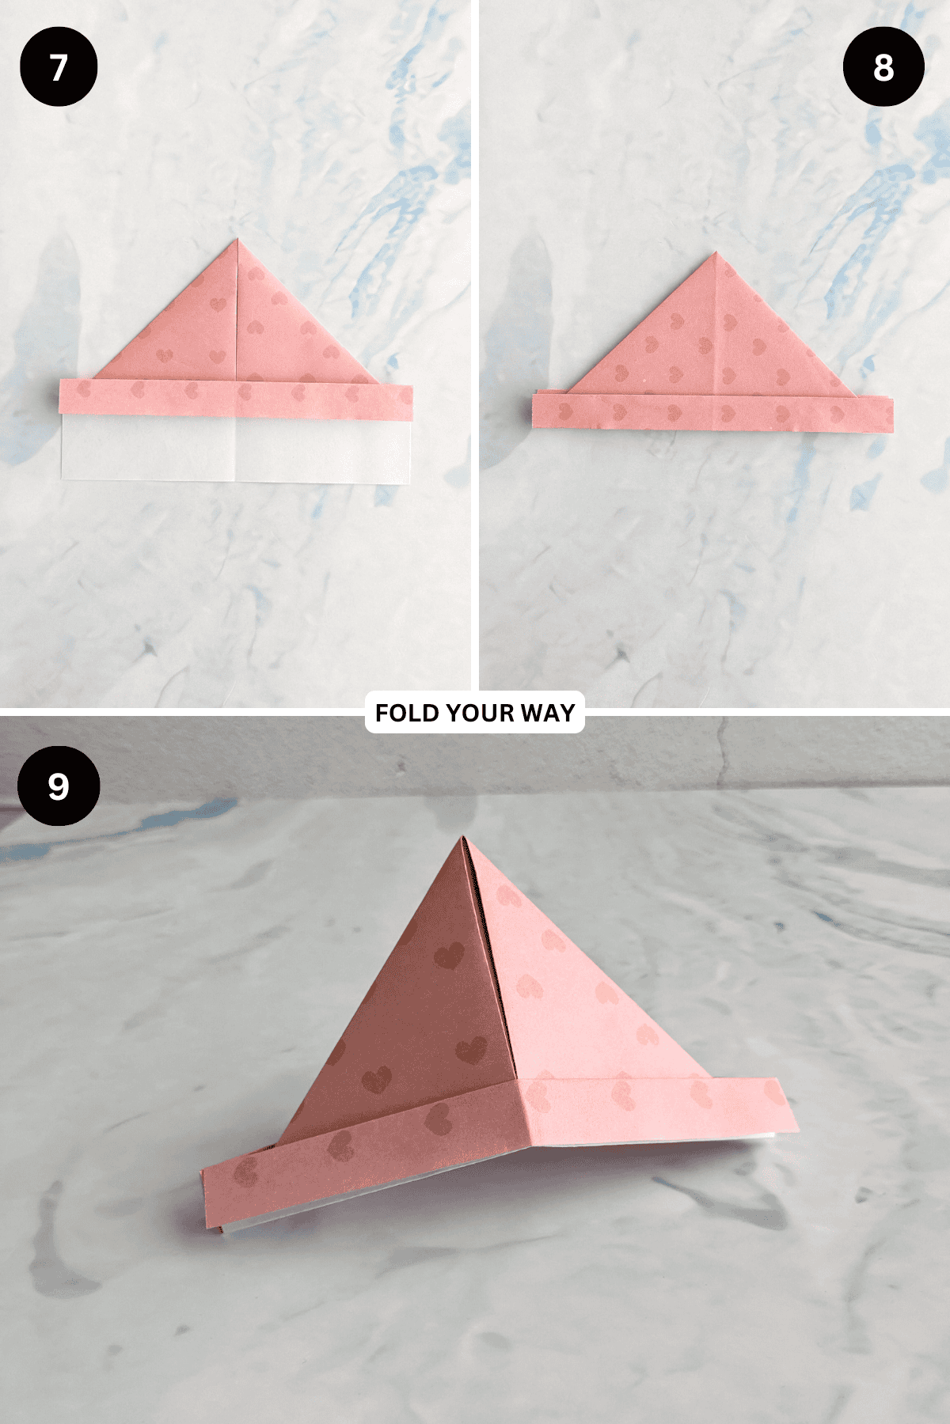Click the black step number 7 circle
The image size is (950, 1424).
[x=59, y=66]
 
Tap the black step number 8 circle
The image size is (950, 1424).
[x=883, y=66]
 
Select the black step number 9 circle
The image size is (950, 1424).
[x=59, y=786]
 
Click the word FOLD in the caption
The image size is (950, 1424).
[x=407, y=713]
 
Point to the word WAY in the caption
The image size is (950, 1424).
[x=548, y=713]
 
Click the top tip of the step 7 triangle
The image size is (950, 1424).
[x=237, y=241]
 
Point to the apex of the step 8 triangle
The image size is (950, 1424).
[x=716, y=254]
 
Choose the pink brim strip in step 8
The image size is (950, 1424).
[x=712, y=413]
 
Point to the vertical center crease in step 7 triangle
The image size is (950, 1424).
[x=237, y=316]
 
